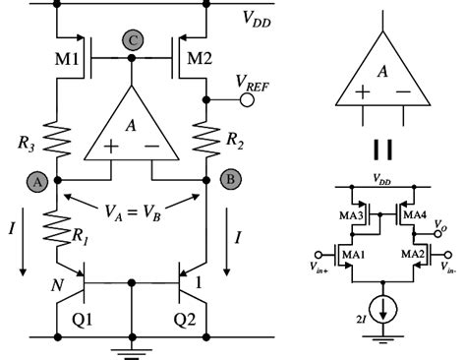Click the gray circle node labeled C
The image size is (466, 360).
(131, 41)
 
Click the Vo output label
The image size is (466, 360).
(437, 224)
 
